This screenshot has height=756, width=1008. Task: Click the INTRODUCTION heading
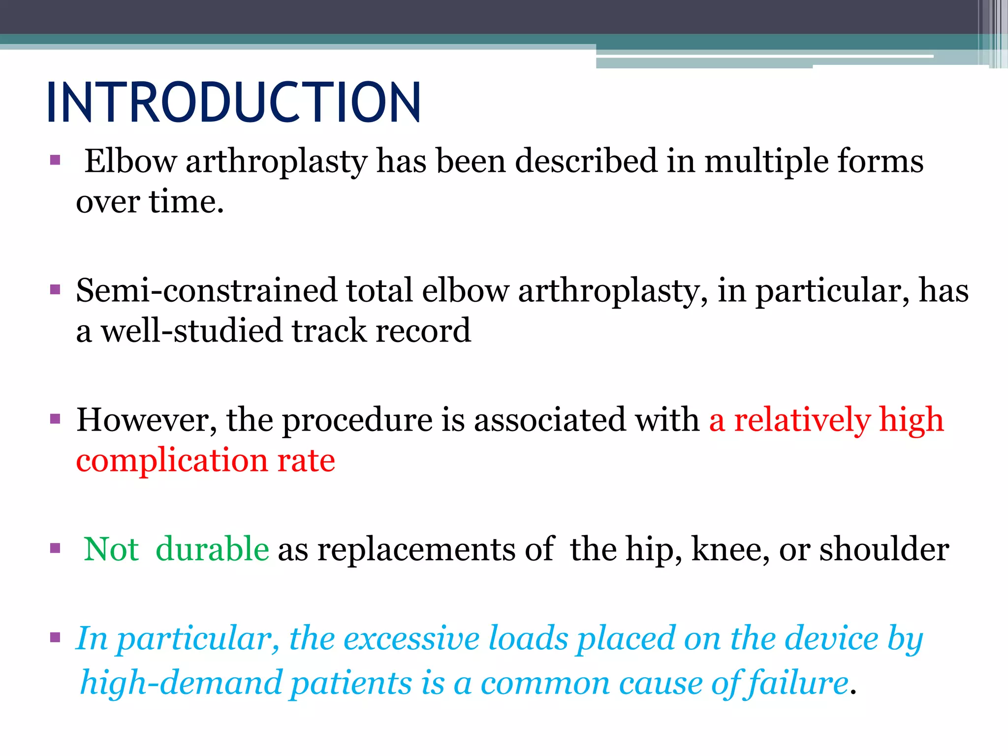pyautogui.click(x=233, y=102)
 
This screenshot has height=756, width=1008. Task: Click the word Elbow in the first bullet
pyautogui.click(x=130, y=161)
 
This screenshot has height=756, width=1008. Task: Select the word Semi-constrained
pyautogui.click(x=206, y=290)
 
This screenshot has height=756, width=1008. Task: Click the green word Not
pyautogui.click(x=111, y=549)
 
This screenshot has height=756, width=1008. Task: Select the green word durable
pyautogui.click(x=212, y=549)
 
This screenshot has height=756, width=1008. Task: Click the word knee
pyautogui.click(x=730, y=549)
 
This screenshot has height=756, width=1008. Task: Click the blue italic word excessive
pyautogui.click(x=411, y=639)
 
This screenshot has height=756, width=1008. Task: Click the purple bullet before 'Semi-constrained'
pyautogui.click(x=55, y=289)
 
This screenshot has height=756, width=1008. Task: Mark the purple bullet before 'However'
pyautogui.click(x=55, y=419)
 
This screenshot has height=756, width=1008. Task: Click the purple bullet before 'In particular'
pyautogui.click(x=55, y=638)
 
